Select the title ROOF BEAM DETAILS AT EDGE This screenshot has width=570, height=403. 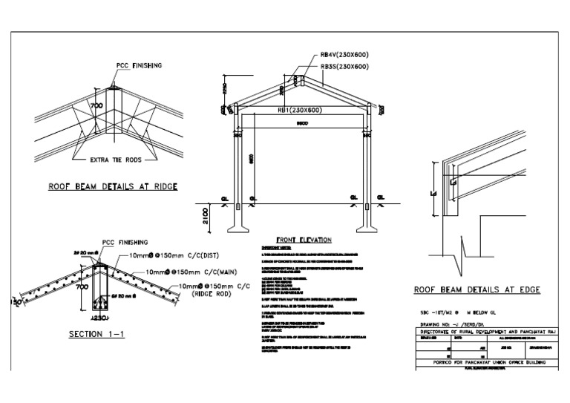pyautogui.click(x=472, y=290)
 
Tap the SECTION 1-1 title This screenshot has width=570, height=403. pyautogui.click(x=97, y=334)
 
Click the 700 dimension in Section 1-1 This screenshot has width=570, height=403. pyautogui.click(x=81, y=284)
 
